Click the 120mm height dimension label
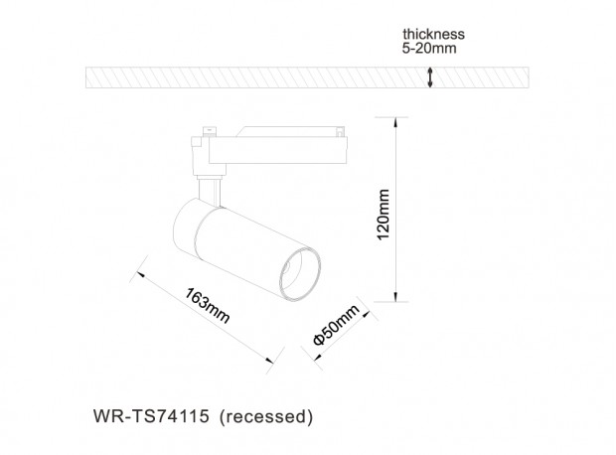(x=384, y=215)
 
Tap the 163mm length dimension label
(x=207, y=306)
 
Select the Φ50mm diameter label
(x=336, y=325)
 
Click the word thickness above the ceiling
(x=433, y=34)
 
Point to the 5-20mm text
(x=429, y=48)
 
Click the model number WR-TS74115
(x=151, y=416)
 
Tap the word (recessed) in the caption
(x=266, y=416)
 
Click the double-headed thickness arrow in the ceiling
(x=430, y=77)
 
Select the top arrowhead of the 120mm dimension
(x=395, y=122)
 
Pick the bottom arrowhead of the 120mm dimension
(x=395, y=297)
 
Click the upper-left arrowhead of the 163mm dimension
(x=141, y=274)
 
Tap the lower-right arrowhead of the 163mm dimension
(x=269, y=361)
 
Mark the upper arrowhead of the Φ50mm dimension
(x=366, y=314)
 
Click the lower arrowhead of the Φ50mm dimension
(x=317, y=356)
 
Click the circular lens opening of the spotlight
(x=300, y=274)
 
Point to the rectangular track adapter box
(x=278, y=150)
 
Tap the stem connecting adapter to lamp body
(x=210, y=192)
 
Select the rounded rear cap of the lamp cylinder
(x=185, y=227)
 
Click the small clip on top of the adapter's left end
(x=210, y=131)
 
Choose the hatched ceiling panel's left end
(x=86, y=77)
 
